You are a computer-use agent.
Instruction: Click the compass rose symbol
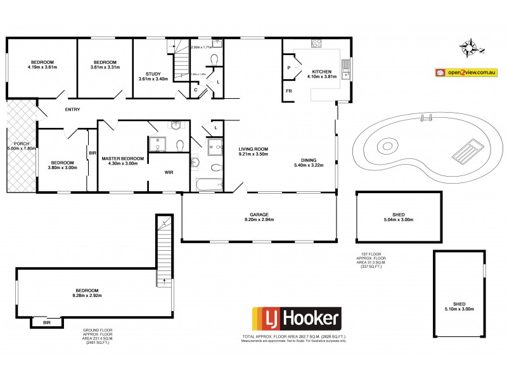pyautogui.click(x=472, y=46)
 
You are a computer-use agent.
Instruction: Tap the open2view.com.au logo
pyautogui.click(x=465, y=73)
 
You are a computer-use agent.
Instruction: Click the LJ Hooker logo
pyautogui.click(x=297, y=317)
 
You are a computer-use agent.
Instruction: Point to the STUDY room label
pyautogui.click(x=149, y=75)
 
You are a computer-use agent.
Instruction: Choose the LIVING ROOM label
pyautogui.click(x=253, y=149)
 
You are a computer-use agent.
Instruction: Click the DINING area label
pyautogui.click(x=309, y=160)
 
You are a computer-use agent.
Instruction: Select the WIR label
pyautogui.click(x=169, y=172)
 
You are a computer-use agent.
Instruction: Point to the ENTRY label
pyautogui.click(x=72, y=110)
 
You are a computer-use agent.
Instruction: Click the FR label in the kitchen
pyautogui.click(x=289, y=91)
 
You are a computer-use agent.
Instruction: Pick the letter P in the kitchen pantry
pyautogui.click(x=289, y=67)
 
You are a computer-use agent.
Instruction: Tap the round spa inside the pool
pyautogui.click(x=388, y=147)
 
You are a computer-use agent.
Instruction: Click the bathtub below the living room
pyautogui.click(x=209, y=185)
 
